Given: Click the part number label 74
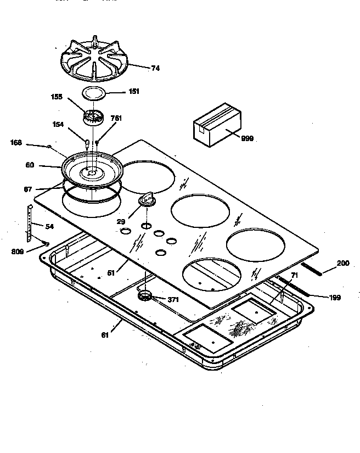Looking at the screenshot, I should (155, 69).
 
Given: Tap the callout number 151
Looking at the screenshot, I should (133, 92).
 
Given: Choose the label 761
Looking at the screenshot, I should (116, 118).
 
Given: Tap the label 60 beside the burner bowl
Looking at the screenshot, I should (30, 164).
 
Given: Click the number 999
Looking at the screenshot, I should (247, 138).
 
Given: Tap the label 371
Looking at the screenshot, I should (173, 300).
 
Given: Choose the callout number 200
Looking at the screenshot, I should (342, 264).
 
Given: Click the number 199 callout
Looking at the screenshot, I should (335, 298).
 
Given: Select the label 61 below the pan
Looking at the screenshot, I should (104, 334).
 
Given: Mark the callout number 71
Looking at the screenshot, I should (295, 274).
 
